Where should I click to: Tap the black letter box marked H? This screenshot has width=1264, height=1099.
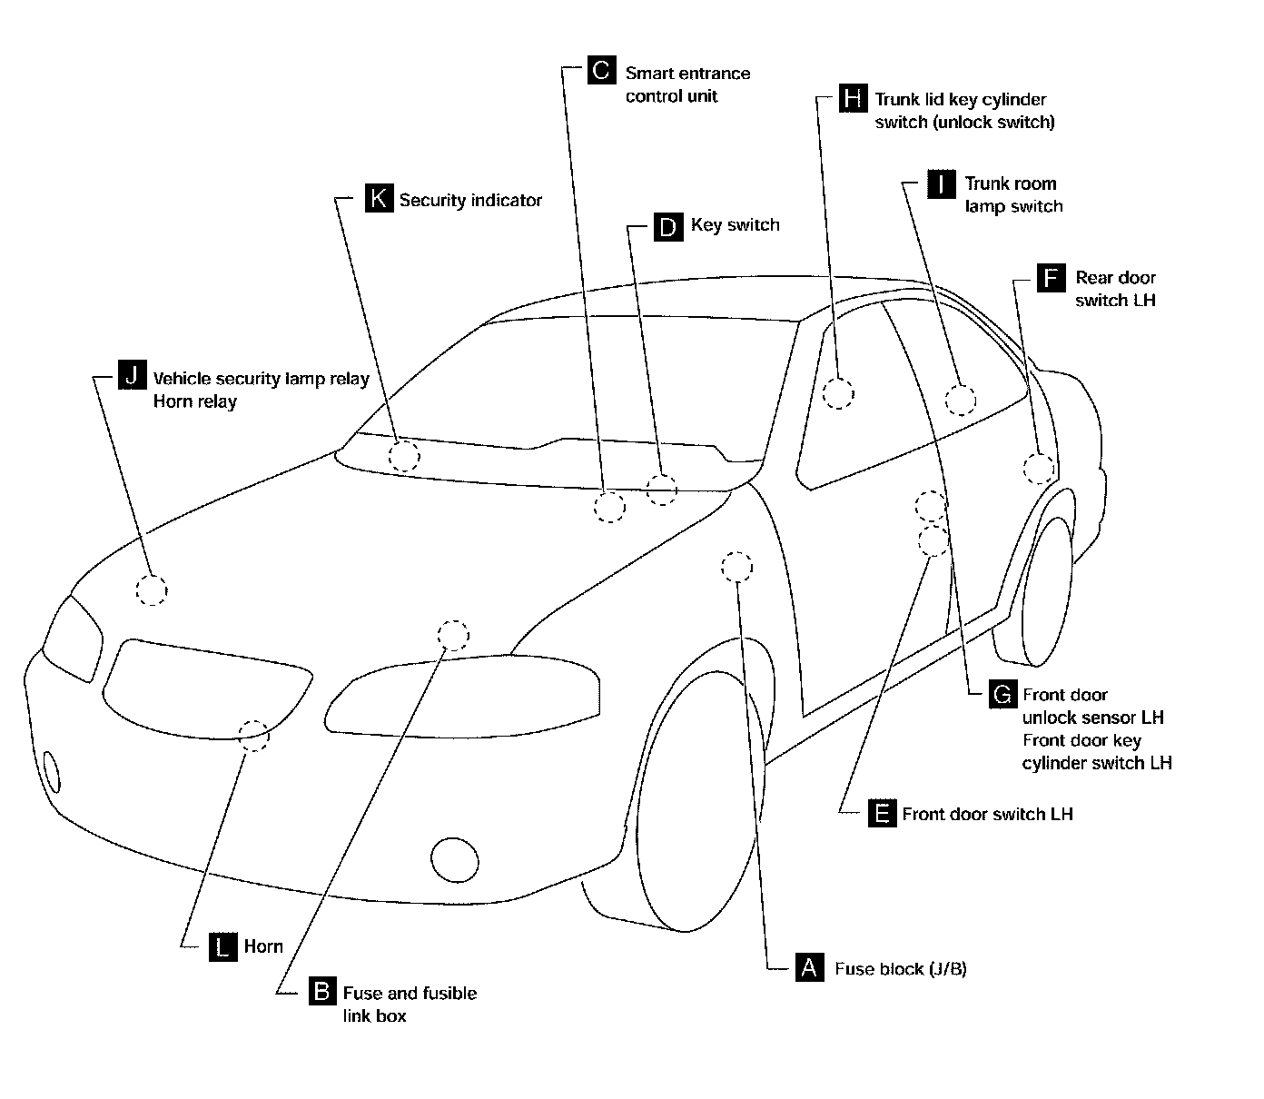tap(852, 97)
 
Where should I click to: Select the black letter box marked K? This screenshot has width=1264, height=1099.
tap(379, 198)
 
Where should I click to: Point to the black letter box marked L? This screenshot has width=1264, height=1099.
tap(222, 946)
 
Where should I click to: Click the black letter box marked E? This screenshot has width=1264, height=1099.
tap(881, 813)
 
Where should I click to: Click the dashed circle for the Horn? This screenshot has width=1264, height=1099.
tap(254, 735)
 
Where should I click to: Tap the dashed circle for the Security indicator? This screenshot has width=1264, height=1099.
tap(404, 456)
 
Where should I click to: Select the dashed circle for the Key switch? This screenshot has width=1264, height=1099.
tap(662, 490)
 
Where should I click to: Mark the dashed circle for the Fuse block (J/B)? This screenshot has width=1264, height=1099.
tap(736, 567)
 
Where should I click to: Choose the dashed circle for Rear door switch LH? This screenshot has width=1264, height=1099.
tap(1040, 469)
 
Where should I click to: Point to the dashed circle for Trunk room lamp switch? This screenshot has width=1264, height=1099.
tap(960, 400)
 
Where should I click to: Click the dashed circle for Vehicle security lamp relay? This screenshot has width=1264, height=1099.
tap(152, 590)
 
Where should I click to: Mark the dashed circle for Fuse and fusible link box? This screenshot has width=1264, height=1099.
tap(453, 635)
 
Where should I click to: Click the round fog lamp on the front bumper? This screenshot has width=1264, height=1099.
tap(454, 859)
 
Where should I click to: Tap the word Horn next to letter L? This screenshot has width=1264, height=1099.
tap(263, 946)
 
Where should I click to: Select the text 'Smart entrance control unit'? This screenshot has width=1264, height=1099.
tap(687, 84)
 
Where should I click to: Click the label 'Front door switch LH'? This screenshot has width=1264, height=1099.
tap(987, 814)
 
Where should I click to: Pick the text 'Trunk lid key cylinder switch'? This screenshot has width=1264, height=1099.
tap(964, 111)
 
